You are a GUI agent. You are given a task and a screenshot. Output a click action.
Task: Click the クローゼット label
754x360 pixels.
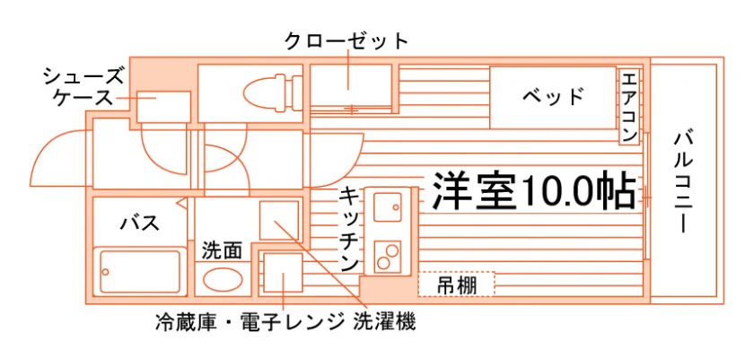point(346,42)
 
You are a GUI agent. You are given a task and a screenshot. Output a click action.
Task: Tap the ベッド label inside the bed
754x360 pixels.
point(553,97)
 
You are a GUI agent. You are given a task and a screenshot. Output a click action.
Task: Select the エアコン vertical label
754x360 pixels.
point(629,106)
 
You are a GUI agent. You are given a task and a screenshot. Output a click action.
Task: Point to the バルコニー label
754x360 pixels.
point(682,182)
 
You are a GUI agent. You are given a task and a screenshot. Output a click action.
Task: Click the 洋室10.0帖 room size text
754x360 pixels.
point(535,190)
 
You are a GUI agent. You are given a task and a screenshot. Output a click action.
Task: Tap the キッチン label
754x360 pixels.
point(349,230)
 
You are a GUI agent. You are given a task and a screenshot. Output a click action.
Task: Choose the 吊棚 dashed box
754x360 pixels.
point(456,284)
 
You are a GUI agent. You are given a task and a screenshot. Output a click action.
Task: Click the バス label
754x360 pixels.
point(139,224)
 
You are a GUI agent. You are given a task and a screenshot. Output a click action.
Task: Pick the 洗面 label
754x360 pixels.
point(222,250)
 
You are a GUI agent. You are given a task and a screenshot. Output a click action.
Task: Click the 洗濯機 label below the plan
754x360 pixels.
point(384,321)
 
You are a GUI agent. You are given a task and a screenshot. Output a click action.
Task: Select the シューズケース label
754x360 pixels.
point(83,87)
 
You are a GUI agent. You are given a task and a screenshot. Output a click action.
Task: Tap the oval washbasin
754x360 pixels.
point(222,280)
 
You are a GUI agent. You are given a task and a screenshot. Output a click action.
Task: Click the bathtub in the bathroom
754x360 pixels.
point(139,271)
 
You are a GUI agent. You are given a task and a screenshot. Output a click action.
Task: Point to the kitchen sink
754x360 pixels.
point(388,207)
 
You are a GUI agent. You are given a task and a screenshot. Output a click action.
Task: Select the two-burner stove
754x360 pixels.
point(388,255)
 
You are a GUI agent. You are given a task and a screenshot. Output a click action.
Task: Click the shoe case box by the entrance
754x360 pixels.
point(163,106)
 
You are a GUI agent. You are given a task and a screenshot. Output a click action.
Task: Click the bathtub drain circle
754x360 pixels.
point(105,271)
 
